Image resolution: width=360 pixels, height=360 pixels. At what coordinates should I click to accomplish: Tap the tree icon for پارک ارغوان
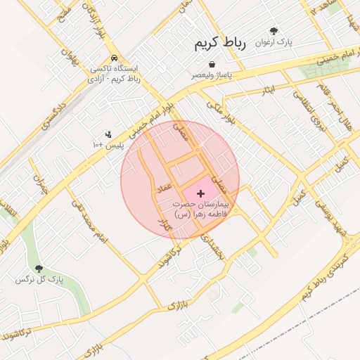coord(274,32)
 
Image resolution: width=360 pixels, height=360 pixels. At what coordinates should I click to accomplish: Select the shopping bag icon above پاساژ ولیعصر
coord(212,64)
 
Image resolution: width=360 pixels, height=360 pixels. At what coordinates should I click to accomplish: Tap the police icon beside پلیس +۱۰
coord(108,134)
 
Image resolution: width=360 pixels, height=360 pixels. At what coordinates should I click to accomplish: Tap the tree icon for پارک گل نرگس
coord(39,269)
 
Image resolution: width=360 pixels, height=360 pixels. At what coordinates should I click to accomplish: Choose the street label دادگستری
coord(53,115)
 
